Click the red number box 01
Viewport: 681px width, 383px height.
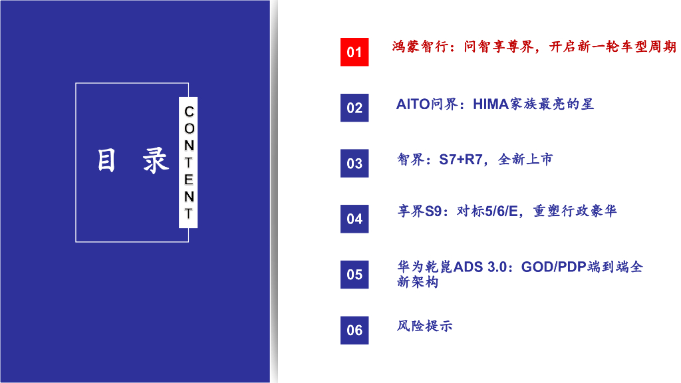tap(354, 52)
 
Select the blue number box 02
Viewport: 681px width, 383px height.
tap(354, 108)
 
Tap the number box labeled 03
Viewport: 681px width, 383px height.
tap(354, 163)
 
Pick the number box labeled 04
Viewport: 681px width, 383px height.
tap(354, 219)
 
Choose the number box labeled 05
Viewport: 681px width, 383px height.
tap(354, 274)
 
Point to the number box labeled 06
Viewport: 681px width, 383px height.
tap(354, 330)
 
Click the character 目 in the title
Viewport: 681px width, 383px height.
tap(106, 161)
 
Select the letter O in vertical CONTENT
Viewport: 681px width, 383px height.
tap(189, 128)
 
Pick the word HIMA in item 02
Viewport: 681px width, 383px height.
tap(491, 104)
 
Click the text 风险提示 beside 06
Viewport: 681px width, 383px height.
tap(424, 326)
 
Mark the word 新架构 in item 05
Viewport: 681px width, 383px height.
tap(418, 282)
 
